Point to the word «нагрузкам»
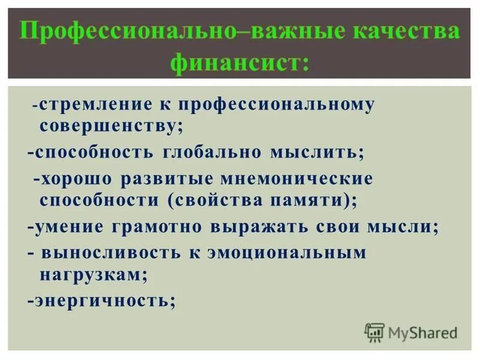94,275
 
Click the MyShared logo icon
374,332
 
